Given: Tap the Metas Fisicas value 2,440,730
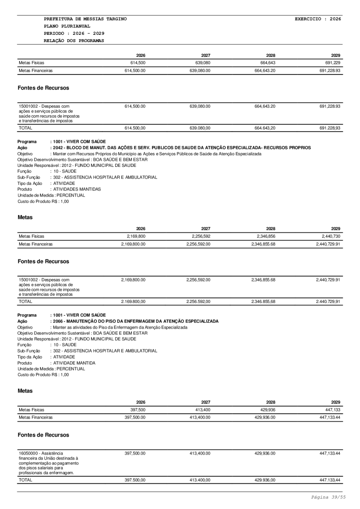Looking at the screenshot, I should coord(330,236).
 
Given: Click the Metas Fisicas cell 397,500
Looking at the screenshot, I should coord(137,410).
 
